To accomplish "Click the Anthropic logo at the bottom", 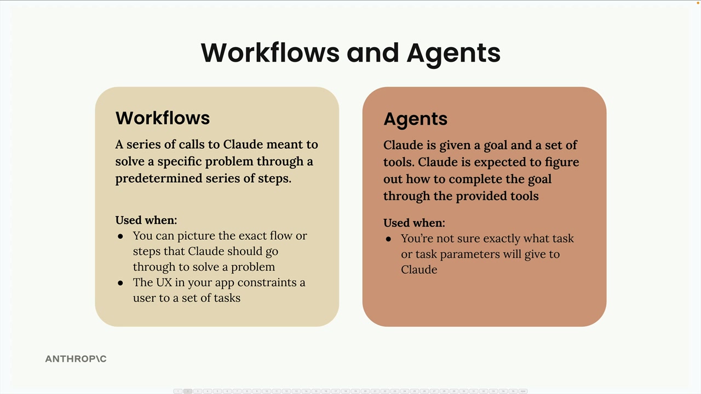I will (76, 359).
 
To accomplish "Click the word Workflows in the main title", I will (270, 53).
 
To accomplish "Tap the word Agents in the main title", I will (453, 53).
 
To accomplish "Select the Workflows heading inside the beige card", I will (163, 118).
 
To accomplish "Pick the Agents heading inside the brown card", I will (415, 119).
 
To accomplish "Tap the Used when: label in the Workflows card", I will (146, 220).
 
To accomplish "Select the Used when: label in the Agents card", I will (414, 223).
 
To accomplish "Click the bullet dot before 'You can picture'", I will (120, 236).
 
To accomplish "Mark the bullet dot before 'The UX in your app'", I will (120, 283).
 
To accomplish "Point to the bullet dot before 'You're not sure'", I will (388, 239).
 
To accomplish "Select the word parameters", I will (473, 254).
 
